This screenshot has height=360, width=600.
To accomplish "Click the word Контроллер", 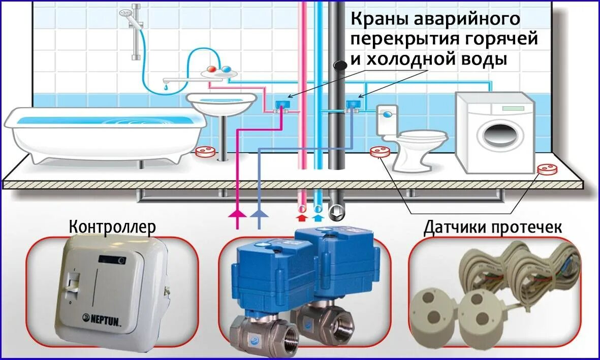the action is [x=112, y=226].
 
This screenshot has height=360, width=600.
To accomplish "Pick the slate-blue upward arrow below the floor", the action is [x=259, y=214].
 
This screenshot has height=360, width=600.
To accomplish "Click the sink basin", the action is [x=220, y=103].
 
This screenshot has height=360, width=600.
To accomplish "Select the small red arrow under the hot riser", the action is [x=301, y=217].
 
